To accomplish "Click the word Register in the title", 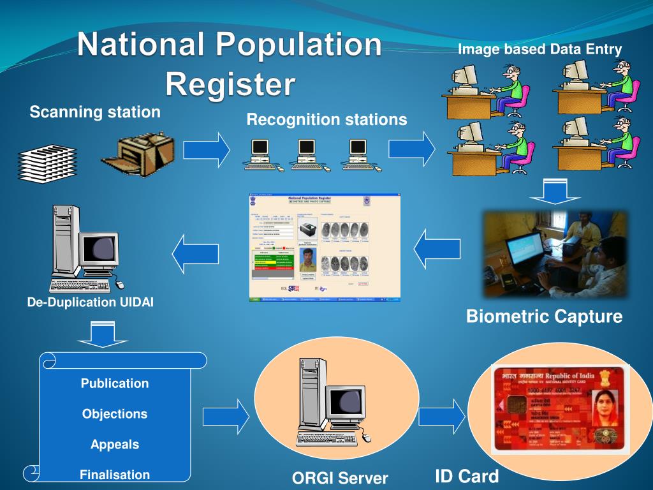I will pyautogui.click(x=231, y=84).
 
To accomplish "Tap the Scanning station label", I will pyautogui.click(x=95, y=113).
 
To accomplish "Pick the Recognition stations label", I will pyautogui.click(x=326, y=119).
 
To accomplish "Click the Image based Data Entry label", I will pyautogui.click(x=539, y=49).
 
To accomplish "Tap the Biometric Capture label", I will pyautogui.click(x=544, y=316).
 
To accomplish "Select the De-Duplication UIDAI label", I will pyautogui.click(x=90, y=302).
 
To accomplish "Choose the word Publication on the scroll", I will pyautogui.click(x=115, y=383).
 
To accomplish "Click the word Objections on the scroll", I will pyautogui.click(x=115, y=414).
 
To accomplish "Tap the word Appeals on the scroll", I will pyautogui.click(x=115, y=444).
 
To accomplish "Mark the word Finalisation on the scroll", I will pyautogui.click(x=115, y=475).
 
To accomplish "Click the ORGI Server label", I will pyautogui.click(x=340, y=478).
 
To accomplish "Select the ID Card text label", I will pyautogui.click(x=467, y=477).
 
